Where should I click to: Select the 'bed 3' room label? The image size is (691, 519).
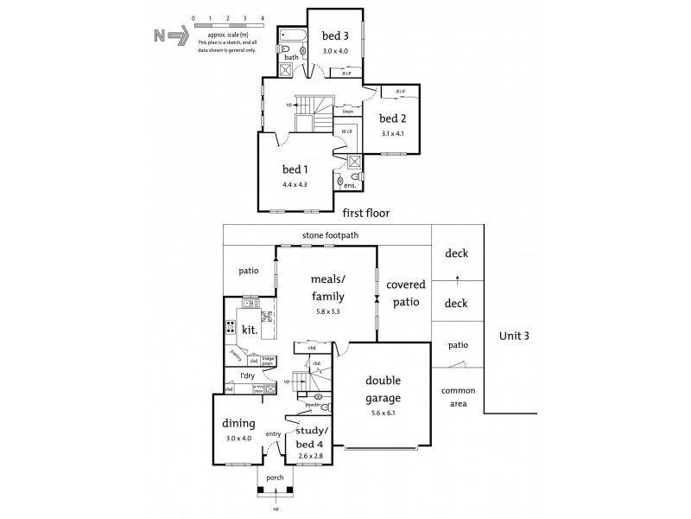coord(335,35)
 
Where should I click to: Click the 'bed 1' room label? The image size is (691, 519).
coord(295,169)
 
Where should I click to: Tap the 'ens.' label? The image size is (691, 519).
coord(350,185)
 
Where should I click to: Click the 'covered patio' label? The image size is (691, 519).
coord(404,294)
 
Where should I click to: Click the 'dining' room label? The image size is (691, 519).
coord(239,424)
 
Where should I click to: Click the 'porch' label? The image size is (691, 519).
coord(275,477)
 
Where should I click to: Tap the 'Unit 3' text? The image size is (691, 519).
coord(515,335)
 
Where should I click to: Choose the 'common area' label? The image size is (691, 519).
coord(458,397)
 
